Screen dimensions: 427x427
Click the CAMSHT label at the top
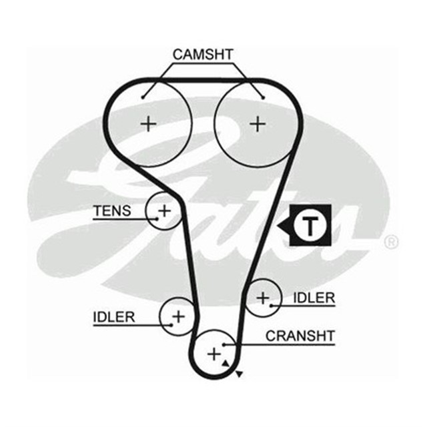click(203, 54)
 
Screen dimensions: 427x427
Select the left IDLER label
click(113, 316)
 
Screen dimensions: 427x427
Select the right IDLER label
click(312, 298)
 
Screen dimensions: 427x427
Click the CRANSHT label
click(300, 335)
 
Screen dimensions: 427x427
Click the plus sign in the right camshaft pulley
click(257, 123)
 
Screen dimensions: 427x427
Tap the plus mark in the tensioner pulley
click(164, 211)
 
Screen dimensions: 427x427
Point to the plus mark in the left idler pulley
click(178, 315)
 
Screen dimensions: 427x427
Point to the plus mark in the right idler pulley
click(263, 298)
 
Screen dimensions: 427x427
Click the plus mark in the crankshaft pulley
click(213, 354)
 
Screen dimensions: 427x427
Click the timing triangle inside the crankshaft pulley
click(226, 362)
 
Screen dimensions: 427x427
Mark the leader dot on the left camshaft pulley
click(143, 97)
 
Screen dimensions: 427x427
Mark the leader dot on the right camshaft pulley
click(264, 97)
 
